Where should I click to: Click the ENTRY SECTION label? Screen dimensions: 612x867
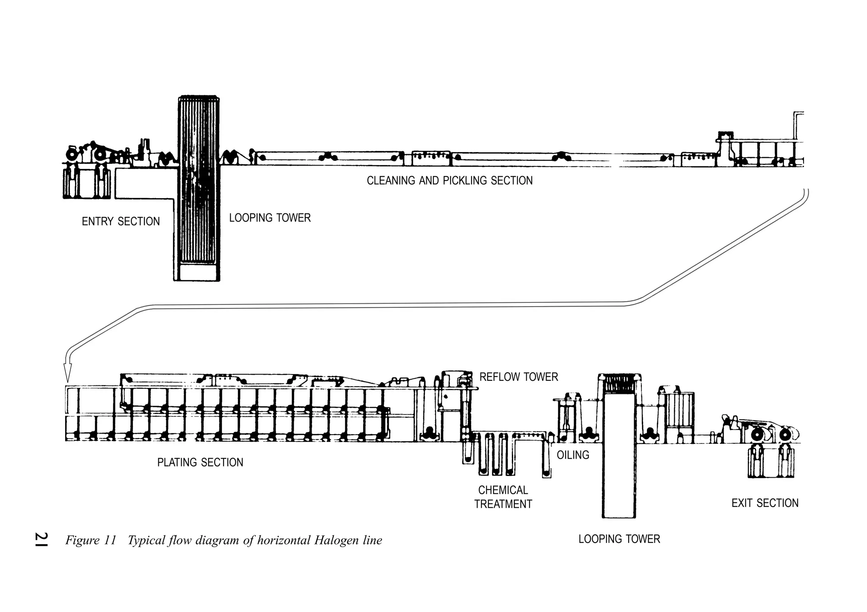tap(121, 222)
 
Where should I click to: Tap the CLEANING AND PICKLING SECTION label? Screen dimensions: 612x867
tap(450, 181)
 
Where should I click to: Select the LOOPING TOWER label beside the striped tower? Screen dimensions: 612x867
tap(270, 218)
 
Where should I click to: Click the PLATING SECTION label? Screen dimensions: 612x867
tap(200, 462)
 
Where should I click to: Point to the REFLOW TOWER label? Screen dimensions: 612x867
tap(519, 377)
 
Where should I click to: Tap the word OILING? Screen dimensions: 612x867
tap(573, 455)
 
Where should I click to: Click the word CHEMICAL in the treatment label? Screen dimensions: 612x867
tap(503, 490)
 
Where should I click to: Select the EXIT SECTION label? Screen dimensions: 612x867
tap(765, 503)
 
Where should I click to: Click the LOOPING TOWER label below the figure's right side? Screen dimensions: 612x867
tap(619, 539)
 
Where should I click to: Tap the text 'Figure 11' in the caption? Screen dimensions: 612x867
tap(91, 540)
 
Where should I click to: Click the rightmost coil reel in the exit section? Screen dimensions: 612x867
tap(786, 435)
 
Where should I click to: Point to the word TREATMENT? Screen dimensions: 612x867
tap(503, 504)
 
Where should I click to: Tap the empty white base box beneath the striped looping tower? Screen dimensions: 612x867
tap(197, 272)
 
